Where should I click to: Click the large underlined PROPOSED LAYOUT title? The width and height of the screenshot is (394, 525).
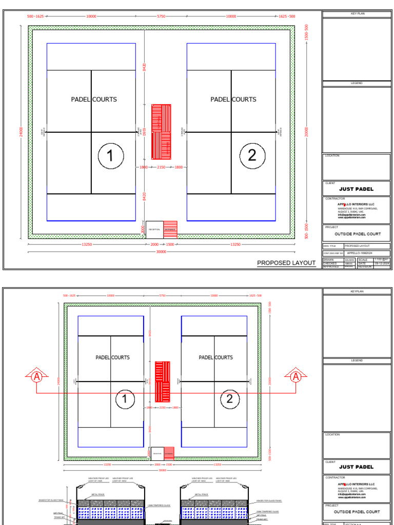click(286, 263)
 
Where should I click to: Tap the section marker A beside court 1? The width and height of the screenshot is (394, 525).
click(36, 377)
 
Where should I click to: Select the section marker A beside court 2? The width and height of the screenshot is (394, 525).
click(296, 377)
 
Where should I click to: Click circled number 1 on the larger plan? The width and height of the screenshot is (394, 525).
click(110, 155)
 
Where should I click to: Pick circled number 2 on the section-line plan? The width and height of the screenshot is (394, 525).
click(230, 399)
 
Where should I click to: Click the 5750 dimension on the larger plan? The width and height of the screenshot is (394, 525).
click(161, 16)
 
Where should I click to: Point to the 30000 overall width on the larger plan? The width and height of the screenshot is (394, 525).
click(161, 252)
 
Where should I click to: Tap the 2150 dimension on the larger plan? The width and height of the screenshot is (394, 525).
click(161, 167)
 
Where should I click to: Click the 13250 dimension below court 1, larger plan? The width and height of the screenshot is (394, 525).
click(87, 245)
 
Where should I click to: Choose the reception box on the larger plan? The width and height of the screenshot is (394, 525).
click(154, 229)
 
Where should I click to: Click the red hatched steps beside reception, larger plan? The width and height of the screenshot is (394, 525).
click(170, 229)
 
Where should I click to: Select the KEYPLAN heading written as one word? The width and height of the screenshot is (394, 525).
click(357, 291)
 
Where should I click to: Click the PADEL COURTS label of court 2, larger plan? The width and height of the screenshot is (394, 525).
click(233, 99)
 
